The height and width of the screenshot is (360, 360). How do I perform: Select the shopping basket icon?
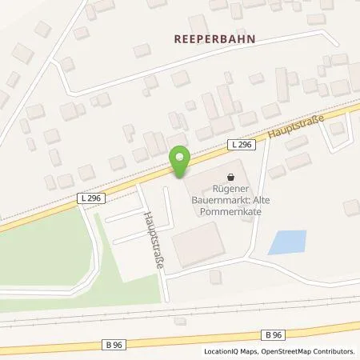[231, 178]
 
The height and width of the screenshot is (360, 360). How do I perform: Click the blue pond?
[286, 242]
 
